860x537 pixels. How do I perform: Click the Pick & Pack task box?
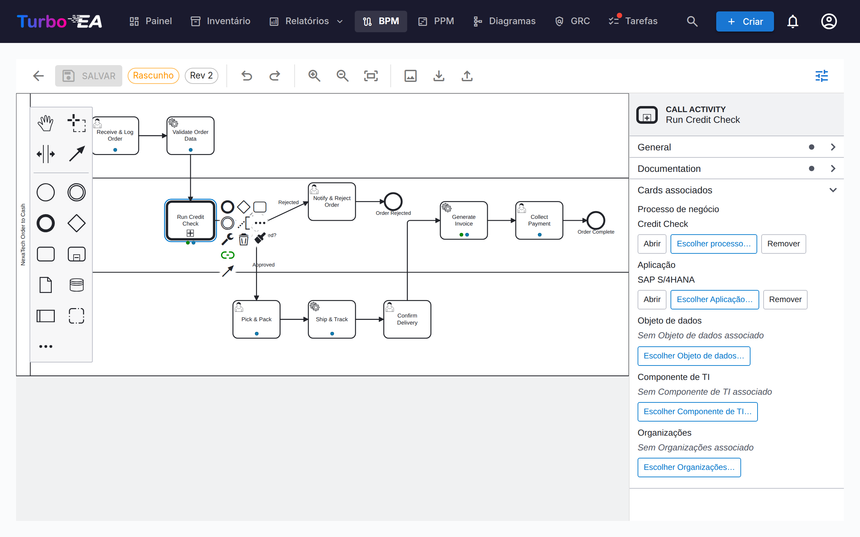[256, 319]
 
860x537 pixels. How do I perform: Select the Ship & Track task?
[332, 319]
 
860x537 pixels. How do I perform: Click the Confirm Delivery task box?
[407, 319]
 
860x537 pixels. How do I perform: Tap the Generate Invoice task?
[464, 220]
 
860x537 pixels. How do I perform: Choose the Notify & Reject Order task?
[332, 201]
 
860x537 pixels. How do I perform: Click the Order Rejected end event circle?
[393, 201]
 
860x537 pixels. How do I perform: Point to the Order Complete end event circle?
[596, 220]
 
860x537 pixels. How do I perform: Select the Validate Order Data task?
[190, 135]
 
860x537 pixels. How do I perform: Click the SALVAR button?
[88, 76]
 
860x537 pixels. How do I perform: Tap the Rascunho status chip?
[153, 76]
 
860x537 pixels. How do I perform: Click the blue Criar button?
[745, 21]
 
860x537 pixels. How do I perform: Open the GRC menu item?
[572, 21]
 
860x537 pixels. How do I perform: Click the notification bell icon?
[793, 21]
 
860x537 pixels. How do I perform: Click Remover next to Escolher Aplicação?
[785, 299]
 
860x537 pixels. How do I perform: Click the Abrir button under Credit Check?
[652, 244]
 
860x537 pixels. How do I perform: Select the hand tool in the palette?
[45, 123]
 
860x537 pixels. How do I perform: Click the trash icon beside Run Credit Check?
[244, 239]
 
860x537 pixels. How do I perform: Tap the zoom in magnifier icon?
[314, 76]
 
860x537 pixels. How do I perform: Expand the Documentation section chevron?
[833, 168]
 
